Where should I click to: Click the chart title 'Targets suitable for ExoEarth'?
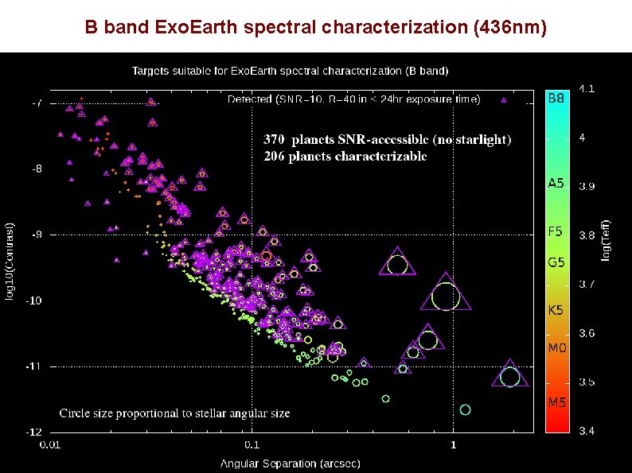290,71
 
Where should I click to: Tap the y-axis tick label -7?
37,103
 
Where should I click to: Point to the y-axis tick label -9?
37,235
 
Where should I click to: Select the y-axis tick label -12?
36,432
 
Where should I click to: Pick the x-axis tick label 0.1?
252,444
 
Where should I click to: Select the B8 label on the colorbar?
556,99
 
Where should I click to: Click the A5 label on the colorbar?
556,183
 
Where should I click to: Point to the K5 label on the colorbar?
556,310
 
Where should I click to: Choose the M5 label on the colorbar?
556,402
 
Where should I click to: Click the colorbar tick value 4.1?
586,89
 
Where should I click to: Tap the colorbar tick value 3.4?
586,431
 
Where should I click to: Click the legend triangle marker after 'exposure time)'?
503,100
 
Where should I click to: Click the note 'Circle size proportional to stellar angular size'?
175,413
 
